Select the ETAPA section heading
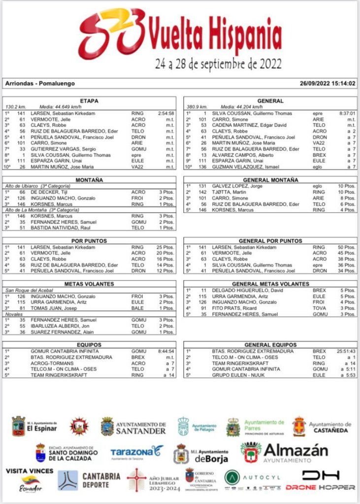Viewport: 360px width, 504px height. click(x=89, y=101)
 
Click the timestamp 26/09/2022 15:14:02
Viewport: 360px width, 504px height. click(x=327, y=84)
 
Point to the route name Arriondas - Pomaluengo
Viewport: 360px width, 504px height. click(x=40, y=84)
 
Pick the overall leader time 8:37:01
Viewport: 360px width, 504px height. click(x=346, y=113)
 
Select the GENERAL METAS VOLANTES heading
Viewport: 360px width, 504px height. click(x=270, y=284)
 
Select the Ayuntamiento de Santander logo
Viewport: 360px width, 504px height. click(x=133, y=427)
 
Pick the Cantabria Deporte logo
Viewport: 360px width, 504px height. click(x=89, y=480)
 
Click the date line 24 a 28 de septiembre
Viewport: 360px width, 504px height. click(x=218, y=64)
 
